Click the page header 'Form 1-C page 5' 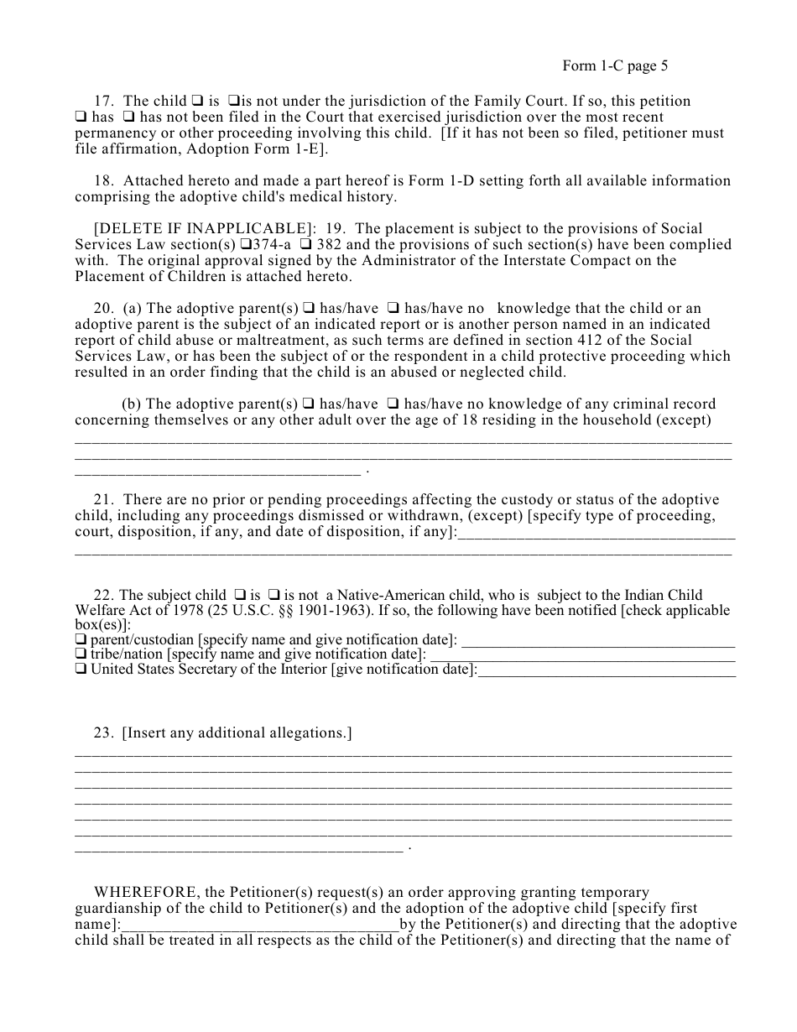click(x=615, y=66)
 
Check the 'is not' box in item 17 click(x=234, y=102)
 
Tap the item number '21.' click(x=104, y=500)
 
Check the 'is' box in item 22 click(x=238, y=596)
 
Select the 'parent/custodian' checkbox click(x=81, y=640)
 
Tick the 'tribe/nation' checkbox click(x=81, y=654)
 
